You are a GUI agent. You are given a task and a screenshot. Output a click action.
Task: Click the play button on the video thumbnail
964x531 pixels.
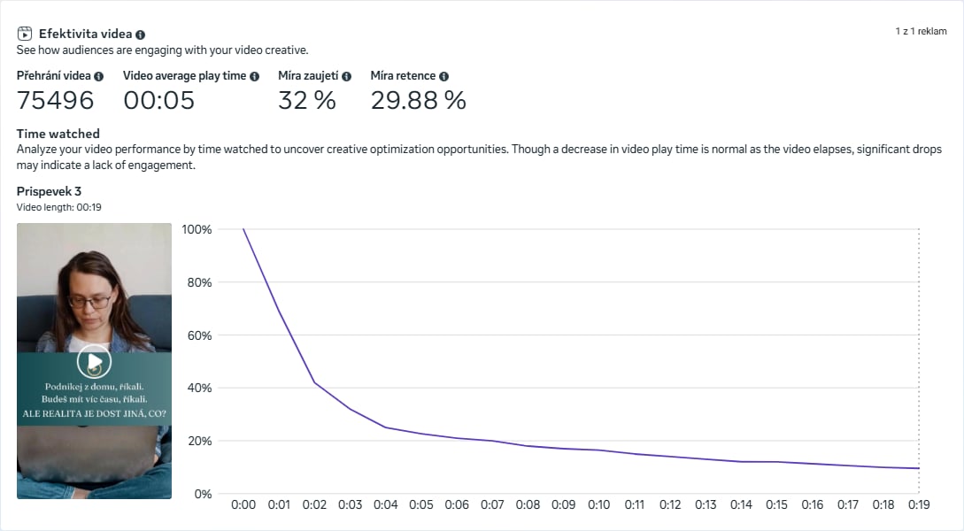(x=94, y=360)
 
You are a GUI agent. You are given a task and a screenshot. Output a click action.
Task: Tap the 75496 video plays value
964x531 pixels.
(x=55, y=100)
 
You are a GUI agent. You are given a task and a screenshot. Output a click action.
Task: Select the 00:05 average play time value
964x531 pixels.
(x=158, y=100)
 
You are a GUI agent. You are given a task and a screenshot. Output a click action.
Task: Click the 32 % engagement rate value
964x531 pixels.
(x=306, y=100)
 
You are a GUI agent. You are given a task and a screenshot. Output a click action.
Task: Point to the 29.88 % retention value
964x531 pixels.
(x=418, y=100)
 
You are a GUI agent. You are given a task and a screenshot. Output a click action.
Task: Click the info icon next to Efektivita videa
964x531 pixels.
(x=141, y=34)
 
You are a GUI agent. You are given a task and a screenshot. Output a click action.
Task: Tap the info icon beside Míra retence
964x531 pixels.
(x=443, y=76)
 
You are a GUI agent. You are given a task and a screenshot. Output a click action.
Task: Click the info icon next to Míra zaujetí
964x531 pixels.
(x=346, y=76)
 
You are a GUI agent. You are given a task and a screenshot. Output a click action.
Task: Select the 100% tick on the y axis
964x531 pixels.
(x=197, y=229)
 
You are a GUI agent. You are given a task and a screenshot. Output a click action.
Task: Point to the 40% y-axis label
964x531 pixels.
(x=199, y=388)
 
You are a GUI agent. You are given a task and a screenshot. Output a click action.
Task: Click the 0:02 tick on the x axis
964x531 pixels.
(x=314, y=504)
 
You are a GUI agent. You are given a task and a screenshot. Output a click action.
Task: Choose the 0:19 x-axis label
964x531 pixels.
(x=919, y=504)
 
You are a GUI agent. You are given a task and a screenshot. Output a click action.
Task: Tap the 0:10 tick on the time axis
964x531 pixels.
(x=599, y=504)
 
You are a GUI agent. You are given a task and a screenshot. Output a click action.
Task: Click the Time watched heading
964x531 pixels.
(x=58, y=134)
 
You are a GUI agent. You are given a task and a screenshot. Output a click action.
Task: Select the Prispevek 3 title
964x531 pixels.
(x=49, y=191)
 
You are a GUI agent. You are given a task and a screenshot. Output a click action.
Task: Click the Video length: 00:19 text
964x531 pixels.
(x=59, y=207)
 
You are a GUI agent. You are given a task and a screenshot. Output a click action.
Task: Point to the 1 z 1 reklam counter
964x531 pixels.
(x=921, y=31)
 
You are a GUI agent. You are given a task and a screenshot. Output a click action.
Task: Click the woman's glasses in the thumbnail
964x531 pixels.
(x=90, y=301)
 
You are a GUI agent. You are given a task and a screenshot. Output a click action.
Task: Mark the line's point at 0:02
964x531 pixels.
(x=314, y=382)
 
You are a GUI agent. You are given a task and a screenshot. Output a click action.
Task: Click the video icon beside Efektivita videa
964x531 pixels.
(x=25, y=34)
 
